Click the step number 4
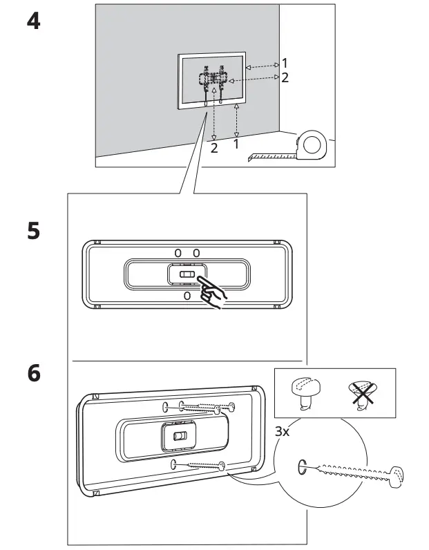[x=33, y=21]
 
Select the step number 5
[x=33, y=230]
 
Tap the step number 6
[x=33, y=373]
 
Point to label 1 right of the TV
[x=285, y=64]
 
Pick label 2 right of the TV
[x=285, y=77]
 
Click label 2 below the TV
[x=214, y=148]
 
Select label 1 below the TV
[x=236, y=144]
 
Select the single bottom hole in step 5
[x=187, y=296]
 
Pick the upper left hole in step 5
[x=178, y=254]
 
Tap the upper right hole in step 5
[x=196, y=254]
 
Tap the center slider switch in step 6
[x=180, y=437]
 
